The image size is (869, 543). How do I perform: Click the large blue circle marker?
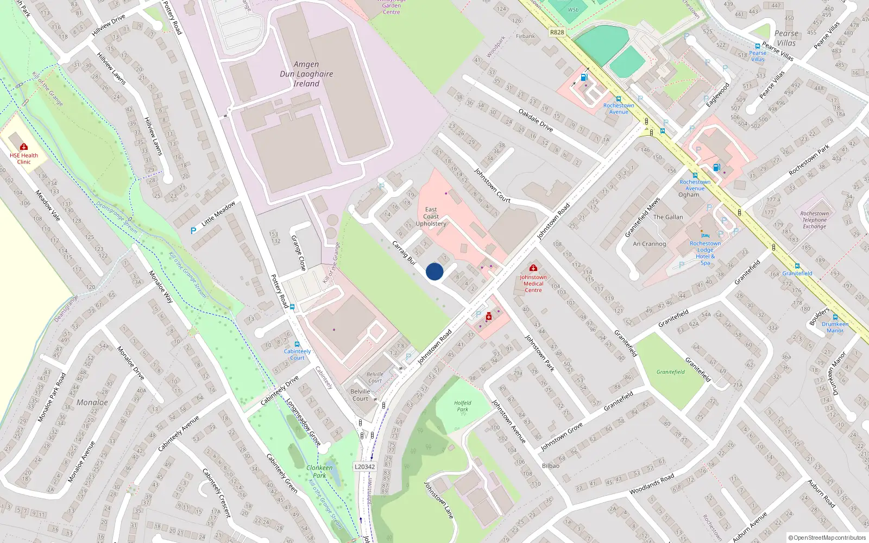coord(434,271)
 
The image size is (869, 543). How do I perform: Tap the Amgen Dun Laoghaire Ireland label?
coord(306,74)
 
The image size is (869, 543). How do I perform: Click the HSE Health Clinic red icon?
coord(24,147)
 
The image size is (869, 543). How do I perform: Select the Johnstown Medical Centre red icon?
coord(533,268)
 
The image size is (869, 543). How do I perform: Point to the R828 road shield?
coord(557,32)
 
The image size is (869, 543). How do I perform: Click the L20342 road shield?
coord(364,466)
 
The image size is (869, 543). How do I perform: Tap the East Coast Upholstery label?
coord(431,216)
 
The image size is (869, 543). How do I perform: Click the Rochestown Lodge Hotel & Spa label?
coord(705,253)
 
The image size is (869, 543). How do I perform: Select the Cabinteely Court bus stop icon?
coord(297,344)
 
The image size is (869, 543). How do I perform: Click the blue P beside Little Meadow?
coord(193,231)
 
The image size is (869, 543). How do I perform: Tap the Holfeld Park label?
coord(463,406)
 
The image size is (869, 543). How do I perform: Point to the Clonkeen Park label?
coord(319,471)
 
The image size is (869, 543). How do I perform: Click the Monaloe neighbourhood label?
coord(92,402)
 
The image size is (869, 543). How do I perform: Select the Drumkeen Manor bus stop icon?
coord(835,317)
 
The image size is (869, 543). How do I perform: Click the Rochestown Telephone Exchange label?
coord(814,220)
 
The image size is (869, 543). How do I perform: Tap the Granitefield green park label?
coord(670,372)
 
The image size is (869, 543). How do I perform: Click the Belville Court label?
coord(360,395)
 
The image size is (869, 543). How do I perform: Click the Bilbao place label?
coord(550,465)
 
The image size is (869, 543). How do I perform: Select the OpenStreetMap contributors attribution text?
coord(827,538)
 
